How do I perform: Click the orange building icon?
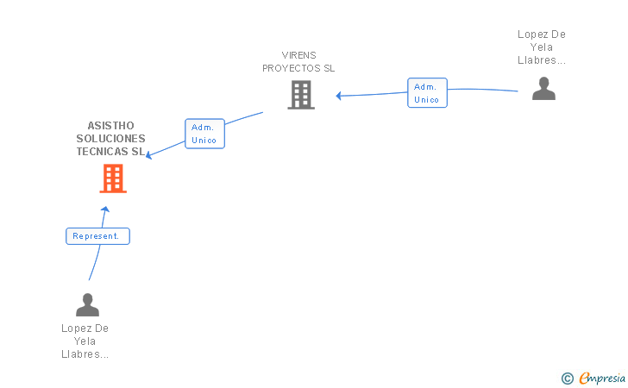113,178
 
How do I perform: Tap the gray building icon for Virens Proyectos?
301,95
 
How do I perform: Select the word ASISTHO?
110,126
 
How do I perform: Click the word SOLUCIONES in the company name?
110,139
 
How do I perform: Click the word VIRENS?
298,55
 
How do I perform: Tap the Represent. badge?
97,236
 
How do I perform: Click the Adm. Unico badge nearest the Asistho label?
204,134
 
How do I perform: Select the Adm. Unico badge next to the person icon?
427,93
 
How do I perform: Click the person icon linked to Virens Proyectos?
543,89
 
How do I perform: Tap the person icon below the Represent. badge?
87,304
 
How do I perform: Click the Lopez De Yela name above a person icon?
542,47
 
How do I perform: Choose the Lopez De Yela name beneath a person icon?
85,341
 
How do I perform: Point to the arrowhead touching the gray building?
339,96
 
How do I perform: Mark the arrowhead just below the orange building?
105,209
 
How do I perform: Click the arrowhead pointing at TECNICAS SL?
149,155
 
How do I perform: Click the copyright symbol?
567,378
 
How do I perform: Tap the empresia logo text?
602,378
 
